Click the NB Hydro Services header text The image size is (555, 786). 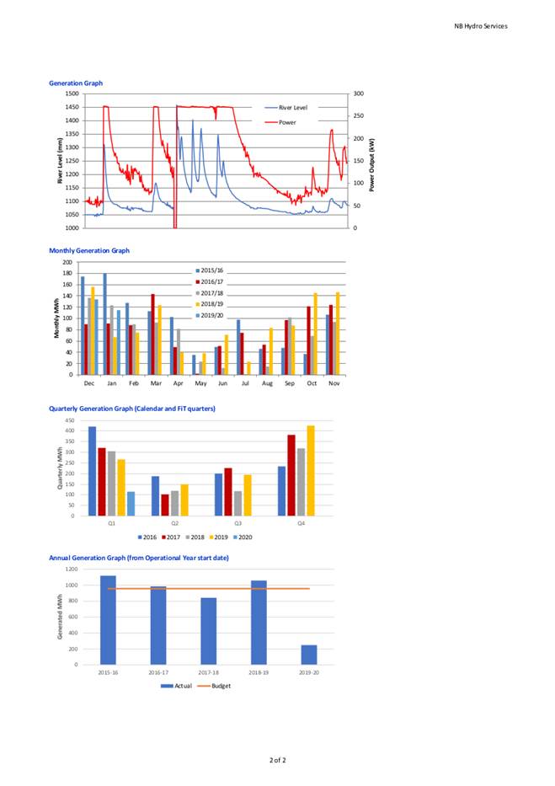[480, 26]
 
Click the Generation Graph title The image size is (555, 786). [76, 83]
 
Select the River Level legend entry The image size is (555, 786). [286, 107]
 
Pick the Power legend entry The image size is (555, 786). [280, 122]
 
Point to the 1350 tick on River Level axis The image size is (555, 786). [72, 134]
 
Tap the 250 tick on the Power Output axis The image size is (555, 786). [359, 115]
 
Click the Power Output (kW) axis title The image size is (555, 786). [372, 165]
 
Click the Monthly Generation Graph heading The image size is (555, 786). [89, 250]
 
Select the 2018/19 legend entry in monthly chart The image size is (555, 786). [210, 304]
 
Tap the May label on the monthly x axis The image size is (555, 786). [200, 383]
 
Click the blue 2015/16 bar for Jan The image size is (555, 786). [104, 323]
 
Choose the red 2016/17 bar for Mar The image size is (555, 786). [152, 334]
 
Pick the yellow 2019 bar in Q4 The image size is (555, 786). [311, 471]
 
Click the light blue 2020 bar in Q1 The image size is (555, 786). [131, 504]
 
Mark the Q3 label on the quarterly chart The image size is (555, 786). [238, 523]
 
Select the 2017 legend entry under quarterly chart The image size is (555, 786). [170, 537]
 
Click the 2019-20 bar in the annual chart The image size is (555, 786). [308, 655]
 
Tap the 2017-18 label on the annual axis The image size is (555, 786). [208, 673]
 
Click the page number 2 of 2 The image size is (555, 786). [278, 760]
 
